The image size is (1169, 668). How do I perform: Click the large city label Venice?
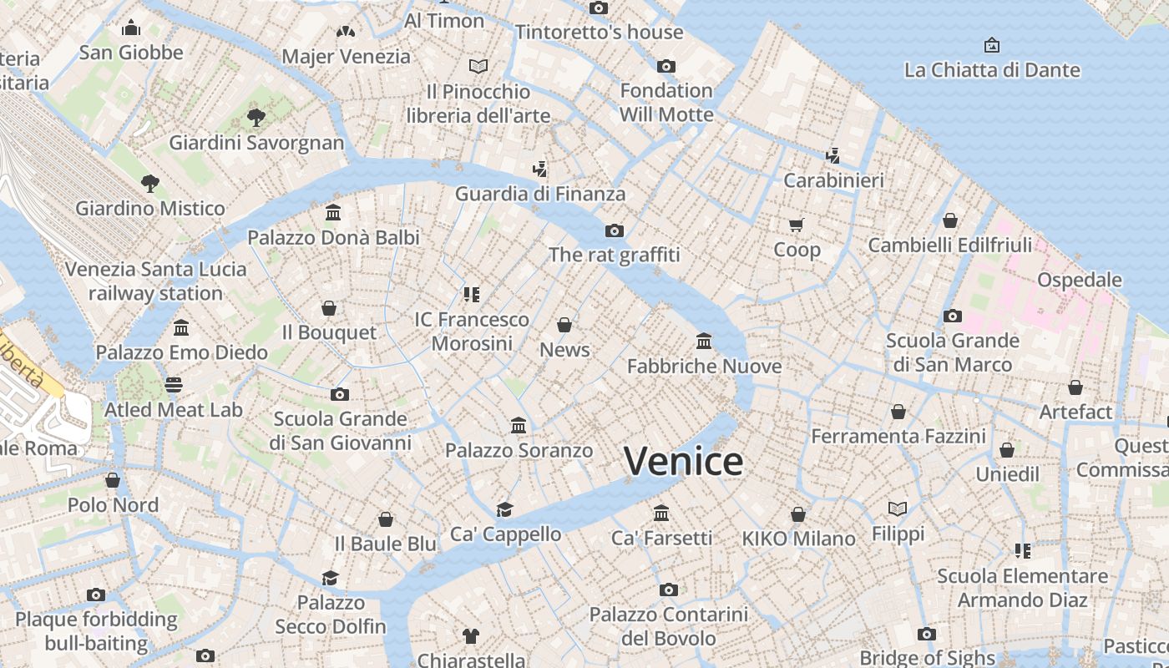point(683,461)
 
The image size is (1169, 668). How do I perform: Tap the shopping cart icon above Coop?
point(796,225)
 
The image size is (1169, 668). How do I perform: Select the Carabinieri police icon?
point(832,155)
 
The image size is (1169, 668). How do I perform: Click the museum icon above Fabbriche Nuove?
point(704,341)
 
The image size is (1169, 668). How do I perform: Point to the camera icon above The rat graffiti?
point(614,230)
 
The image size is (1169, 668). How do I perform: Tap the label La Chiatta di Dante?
point(992,70)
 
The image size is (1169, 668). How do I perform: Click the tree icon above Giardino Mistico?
point(150,183)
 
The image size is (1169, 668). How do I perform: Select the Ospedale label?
point(1079,280)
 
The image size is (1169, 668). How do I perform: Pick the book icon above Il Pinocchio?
point(478,66)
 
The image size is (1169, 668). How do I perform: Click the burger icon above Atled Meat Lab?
point(174,385)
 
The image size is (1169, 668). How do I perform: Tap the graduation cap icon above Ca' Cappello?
point(504,509)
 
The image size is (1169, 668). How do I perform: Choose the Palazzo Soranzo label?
point(519,451)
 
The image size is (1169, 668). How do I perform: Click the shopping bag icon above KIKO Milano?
point(798,514)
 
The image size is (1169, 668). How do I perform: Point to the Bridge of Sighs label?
point(927,658)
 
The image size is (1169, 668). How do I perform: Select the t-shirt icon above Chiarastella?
point(471,636)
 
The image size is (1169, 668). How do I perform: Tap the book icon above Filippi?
point(898,509)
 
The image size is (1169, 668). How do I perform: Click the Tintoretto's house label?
point(599,33)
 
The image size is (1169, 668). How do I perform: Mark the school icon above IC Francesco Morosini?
point(472,295)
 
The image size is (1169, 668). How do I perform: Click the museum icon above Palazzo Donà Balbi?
point(333,212)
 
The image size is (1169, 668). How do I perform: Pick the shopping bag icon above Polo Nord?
point(113,480)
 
